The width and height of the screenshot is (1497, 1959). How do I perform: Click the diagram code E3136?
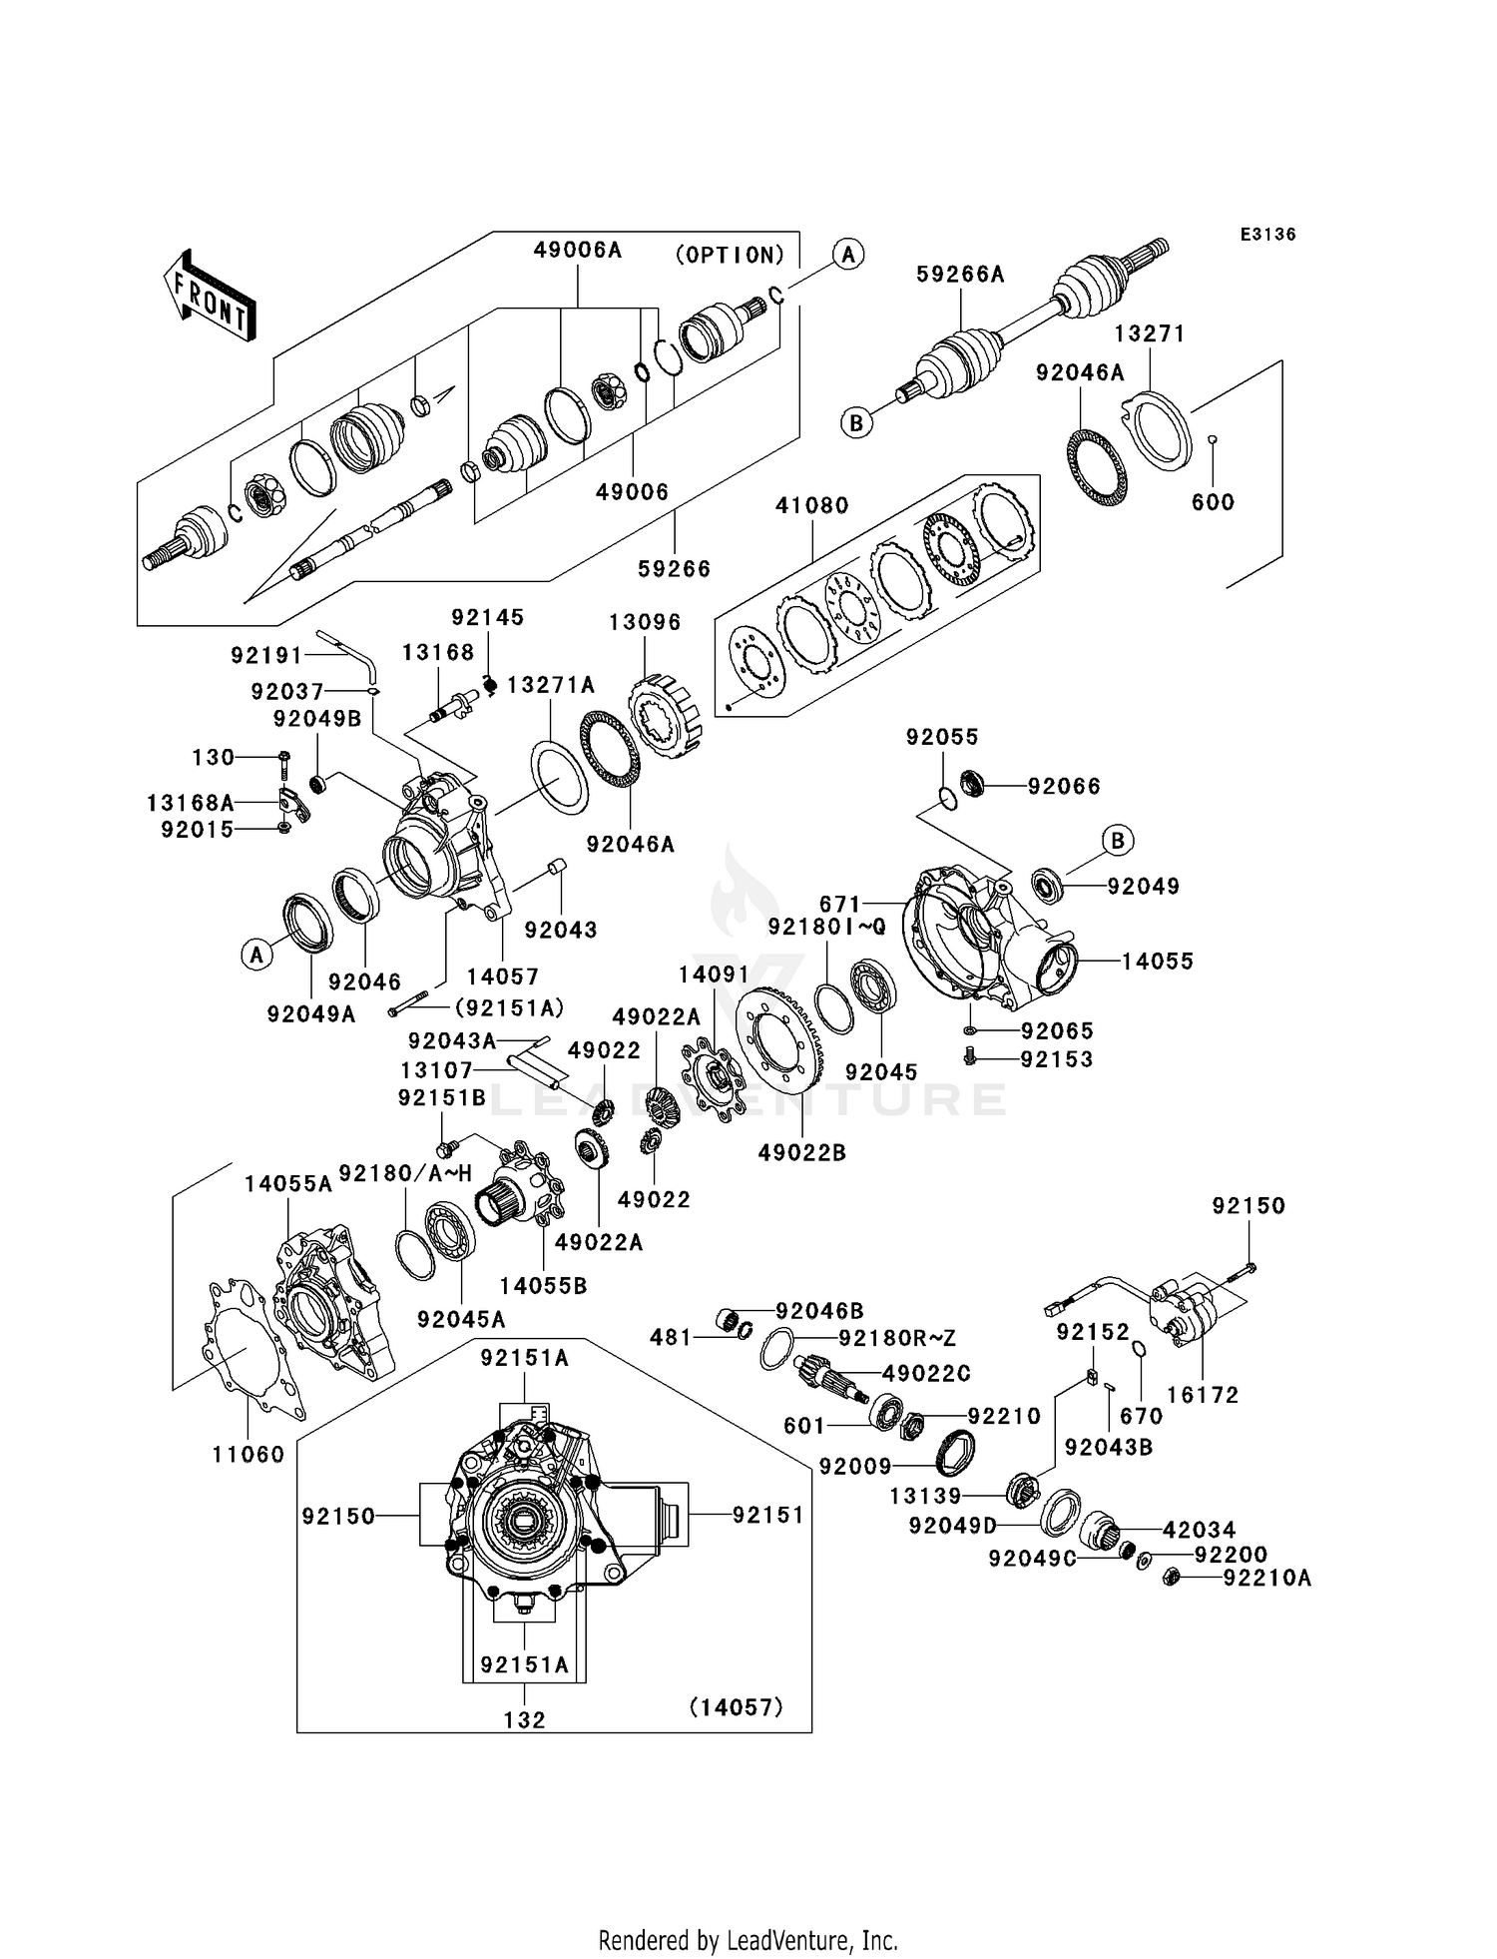[1267, 235]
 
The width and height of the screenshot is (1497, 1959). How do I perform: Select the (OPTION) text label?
[731, 256]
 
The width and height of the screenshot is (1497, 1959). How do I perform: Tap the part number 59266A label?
[960, 275]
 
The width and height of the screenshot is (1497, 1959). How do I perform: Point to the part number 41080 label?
[812, 505]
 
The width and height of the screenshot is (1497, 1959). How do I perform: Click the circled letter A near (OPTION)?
[848, 255]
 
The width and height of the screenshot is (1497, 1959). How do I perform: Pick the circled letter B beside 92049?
[1118, 841]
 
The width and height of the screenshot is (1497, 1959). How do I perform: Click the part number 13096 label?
[645, 622]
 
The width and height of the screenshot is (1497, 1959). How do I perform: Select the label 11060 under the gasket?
[249, 1455]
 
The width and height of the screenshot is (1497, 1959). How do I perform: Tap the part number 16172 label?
[1203, 1396]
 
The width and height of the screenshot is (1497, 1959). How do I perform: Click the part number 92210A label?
[1267, 1579]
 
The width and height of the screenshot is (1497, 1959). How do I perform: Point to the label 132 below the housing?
[525, 1720]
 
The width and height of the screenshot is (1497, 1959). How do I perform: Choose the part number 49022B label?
[801, 1152]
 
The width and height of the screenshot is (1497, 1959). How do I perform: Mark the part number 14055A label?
[288, 1184]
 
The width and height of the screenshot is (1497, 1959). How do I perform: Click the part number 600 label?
[1213, 502]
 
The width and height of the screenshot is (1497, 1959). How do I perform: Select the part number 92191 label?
[266, 655]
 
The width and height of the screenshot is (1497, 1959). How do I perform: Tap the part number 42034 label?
[1199, 1530]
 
